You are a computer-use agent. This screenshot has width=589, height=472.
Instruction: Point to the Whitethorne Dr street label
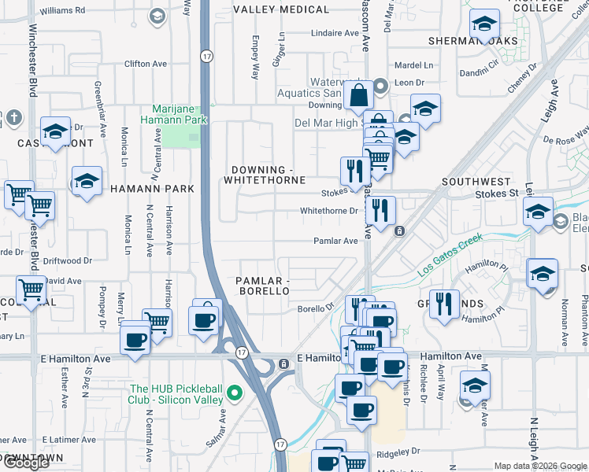pos(328,211)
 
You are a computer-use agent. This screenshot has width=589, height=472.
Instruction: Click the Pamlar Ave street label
pos(335,242)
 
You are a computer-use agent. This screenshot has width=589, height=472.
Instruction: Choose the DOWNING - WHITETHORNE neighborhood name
pos(265,175)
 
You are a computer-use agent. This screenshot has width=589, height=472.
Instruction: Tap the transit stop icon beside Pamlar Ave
pos(399,231)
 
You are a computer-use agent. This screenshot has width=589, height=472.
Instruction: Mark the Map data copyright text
pos(539,466)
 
